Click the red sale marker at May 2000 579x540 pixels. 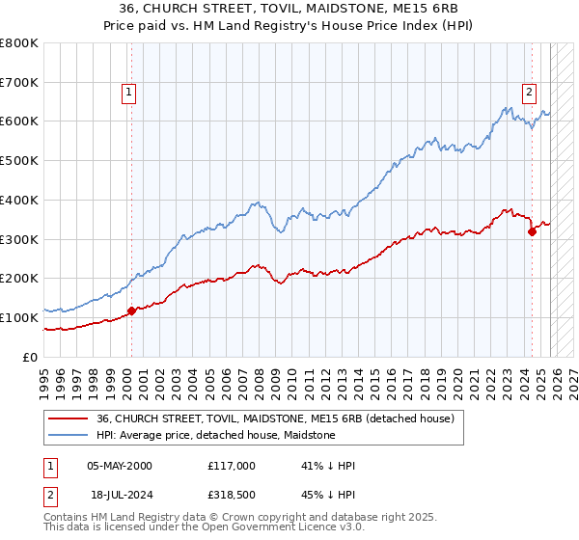click(x=131, y=310)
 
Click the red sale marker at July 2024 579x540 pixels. click(x=532, y=230)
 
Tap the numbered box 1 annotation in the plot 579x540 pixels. click(x=129, y=94)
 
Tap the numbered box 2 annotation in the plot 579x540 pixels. click(x=530, y=94)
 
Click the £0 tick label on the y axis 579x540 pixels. click(x=29, y=357)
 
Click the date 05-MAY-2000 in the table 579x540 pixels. click(x=120, y=466)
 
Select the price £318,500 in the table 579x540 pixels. click(x=231, y=493)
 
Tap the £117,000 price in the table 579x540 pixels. click(x=231, y=466)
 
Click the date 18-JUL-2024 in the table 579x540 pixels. click(x=120, y=493)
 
